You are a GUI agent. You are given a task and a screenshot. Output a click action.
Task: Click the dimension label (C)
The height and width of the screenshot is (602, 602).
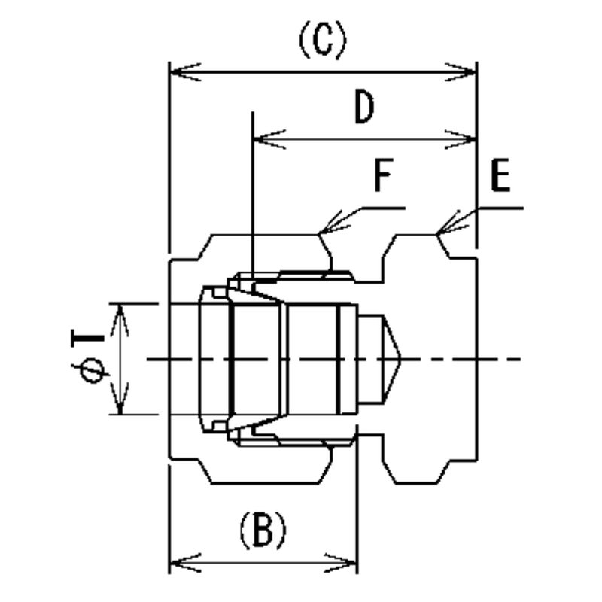pyautogui.click(x=323, y=41)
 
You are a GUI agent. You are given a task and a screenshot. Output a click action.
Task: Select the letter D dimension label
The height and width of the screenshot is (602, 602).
pyautogui.click(x=364, y=108)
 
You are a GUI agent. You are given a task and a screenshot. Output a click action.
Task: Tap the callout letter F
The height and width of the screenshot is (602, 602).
pyautogui.click(x=384, y=178)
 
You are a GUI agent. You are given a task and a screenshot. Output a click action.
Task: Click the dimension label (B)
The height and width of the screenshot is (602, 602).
pyautogui.click(x=263, y=531)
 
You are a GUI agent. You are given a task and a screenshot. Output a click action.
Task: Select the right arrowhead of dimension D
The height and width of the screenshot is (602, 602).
pyautogui.click(x=468, y=139)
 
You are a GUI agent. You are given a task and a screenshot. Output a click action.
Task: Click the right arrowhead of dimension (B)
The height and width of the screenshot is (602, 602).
pyautogui.click(x=348, y=562)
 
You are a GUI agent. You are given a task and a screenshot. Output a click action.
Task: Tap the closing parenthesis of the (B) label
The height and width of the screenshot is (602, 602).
pyautogui.click(x=281, y=531)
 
